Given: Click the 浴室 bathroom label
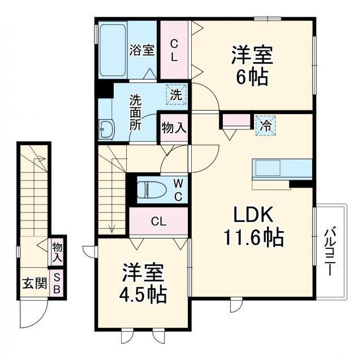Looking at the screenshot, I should (142, 50).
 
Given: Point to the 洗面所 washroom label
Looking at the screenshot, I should (136, 112).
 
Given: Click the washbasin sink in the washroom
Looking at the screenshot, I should (106, 129).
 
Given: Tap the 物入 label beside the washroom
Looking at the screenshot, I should (174, 128).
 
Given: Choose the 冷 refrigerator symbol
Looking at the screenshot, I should (265, 125).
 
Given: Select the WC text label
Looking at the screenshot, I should (177, 189).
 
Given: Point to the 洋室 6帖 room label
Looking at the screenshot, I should (252, 66).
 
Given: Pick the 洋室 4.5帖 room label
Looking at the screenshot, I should (144, 284).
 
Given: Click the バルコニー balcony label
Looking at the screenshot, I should (329, 251).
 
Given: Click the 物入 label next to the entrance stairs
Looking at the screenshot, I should (57, 253).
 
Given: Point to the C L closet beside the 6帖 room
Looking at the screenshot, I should (175, 50).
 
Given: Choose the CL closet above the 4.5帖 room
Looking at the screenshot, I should (158, 222).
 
